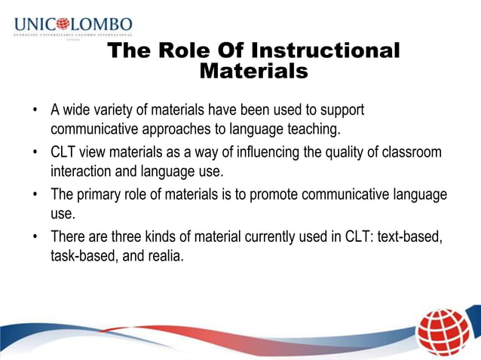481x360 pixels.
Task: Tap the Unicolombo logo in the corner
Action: click(x=72, y=26)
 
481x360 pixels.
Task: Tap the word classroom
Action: click(x=412, y=152)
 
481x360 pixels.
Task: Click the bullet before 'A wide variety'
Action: click(x=35, y=111)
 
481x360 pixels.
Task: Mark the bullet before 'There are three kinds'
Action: click(x=35, y=237)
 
